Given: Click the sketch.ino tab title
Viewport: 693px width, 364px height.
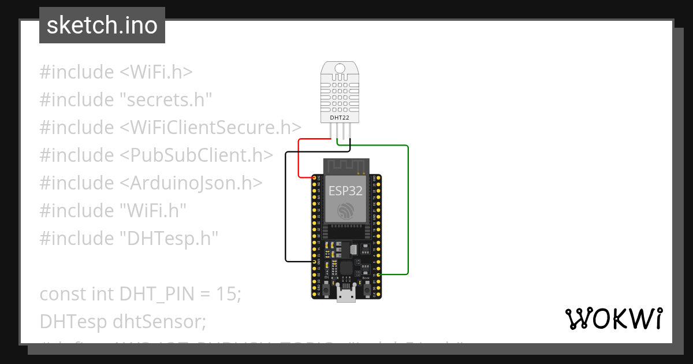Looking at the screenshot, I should (102, 25).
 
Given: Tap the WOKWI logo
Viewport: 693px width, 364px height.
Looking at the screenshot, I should (613, 318).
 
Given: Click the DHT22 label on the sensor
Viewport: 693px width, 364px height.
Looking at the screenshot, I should (339, 117).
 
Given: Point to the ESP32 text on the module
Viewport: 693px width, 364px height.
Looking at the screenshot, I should (346, 191).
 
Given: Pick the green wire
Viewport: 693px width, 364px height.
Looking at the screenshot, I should (408, 208).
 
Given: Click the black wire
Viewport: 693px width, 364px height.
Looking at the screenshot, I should (285, 208).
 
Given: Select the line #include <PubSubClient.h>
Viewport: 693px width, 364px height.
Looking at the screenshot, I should (156, 155).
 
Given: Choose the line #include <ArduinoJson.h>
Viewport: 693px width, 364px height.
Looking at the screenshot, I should (151, 183).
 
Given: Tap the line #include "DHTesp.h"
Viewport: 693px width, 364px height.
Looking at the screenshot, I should (129, 238).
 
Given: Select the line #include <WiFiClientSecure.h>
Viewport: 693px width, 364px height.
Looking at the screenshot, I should (170, 127).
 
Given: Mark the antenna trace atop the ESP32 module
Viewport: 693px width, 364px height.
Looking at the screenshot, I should (345, 165).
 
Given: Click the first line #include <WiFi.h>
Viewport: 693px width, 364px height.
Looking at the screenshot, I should (116, 72).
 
